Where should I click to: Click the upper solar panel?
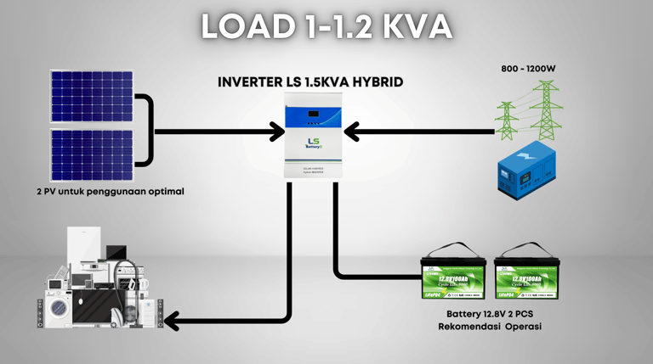(91, 97)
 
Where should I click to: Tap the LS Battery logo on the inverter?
(314, 145)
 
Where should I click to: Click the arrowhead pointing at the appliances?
(171, 321)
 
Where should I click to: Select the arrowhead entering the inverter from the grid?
(351, 132)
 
